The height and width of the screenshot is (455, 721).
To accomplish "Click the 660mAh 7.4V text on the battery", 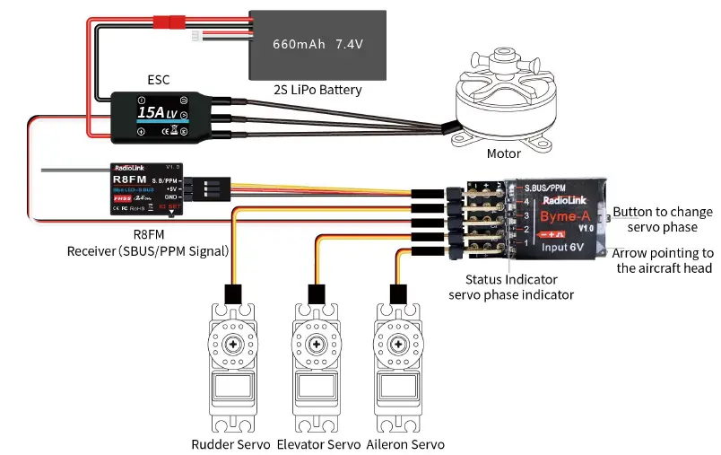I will click(x=317, y=43).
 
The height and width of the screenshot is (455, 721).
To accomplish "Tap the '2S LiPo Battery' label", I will click(x=317, y=90).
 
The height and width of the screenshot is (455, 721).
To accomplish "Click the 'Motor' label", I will click(x=503, y=153).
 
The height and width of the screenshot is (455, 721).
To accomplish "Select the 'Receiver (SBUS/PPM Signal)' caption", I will click(x=149, y=250).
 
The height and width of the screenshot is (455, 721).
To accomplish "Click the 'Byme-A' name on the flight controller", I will click(x=564, y=215).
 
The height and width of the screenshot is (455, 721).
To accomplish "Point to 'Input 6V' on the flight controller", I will click(x=562, y=246).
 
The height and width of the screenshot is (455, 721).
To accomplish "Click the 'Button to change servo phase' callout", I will click(x=663, y=219).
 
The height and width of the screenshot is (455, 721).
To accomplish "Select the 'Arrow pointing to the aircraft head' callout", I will click(x=665, y=261).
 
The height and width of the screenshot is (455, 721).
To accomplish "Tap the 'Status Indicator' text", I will click(x=509, y=280).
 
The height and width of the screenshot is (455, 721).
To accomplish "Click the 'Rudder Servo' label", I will click(x=230, y=444).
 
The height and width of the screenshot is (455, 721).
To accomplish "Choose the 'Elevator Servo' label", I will click(x=317, y=444).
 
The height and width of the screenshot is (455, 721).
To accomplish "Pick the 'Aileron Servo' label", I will click(x=404, y=444).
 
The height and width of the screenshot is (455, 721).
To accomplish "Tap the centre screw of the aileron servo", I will click(x=395, y=345).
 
